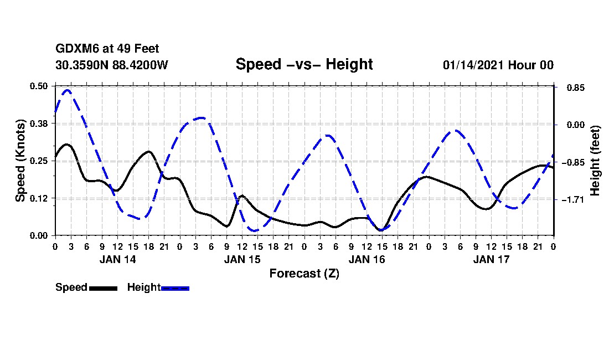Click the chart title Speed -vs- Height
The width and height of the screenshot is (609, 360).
(x=304, y=64)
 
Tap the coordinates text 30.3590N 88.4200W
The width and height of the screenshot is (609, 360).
(x=112, y=65)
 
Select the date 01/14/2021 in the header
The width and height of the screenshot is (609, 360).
(x=472, y=65)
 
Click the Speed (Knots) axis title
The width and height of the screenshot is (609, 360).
(x=20, y=160)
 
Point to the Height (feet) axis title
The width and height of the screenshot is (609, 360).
(x=595, y=161)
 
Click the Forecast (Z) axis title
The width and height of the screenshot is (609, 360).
(x=304, y=273)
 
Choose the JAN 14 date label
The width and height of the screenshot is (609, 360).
(x=117, y=259)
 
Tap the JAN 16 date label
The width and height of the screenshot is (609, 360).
(x=367, y=259)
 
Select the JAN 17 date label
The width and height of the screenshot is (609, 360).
(x=491, y=259)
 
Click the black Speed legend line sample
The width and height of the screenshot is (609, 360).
(x=103, y=288)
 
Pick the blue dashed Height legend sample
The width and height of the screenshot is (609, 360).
(x=175, y=288)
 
